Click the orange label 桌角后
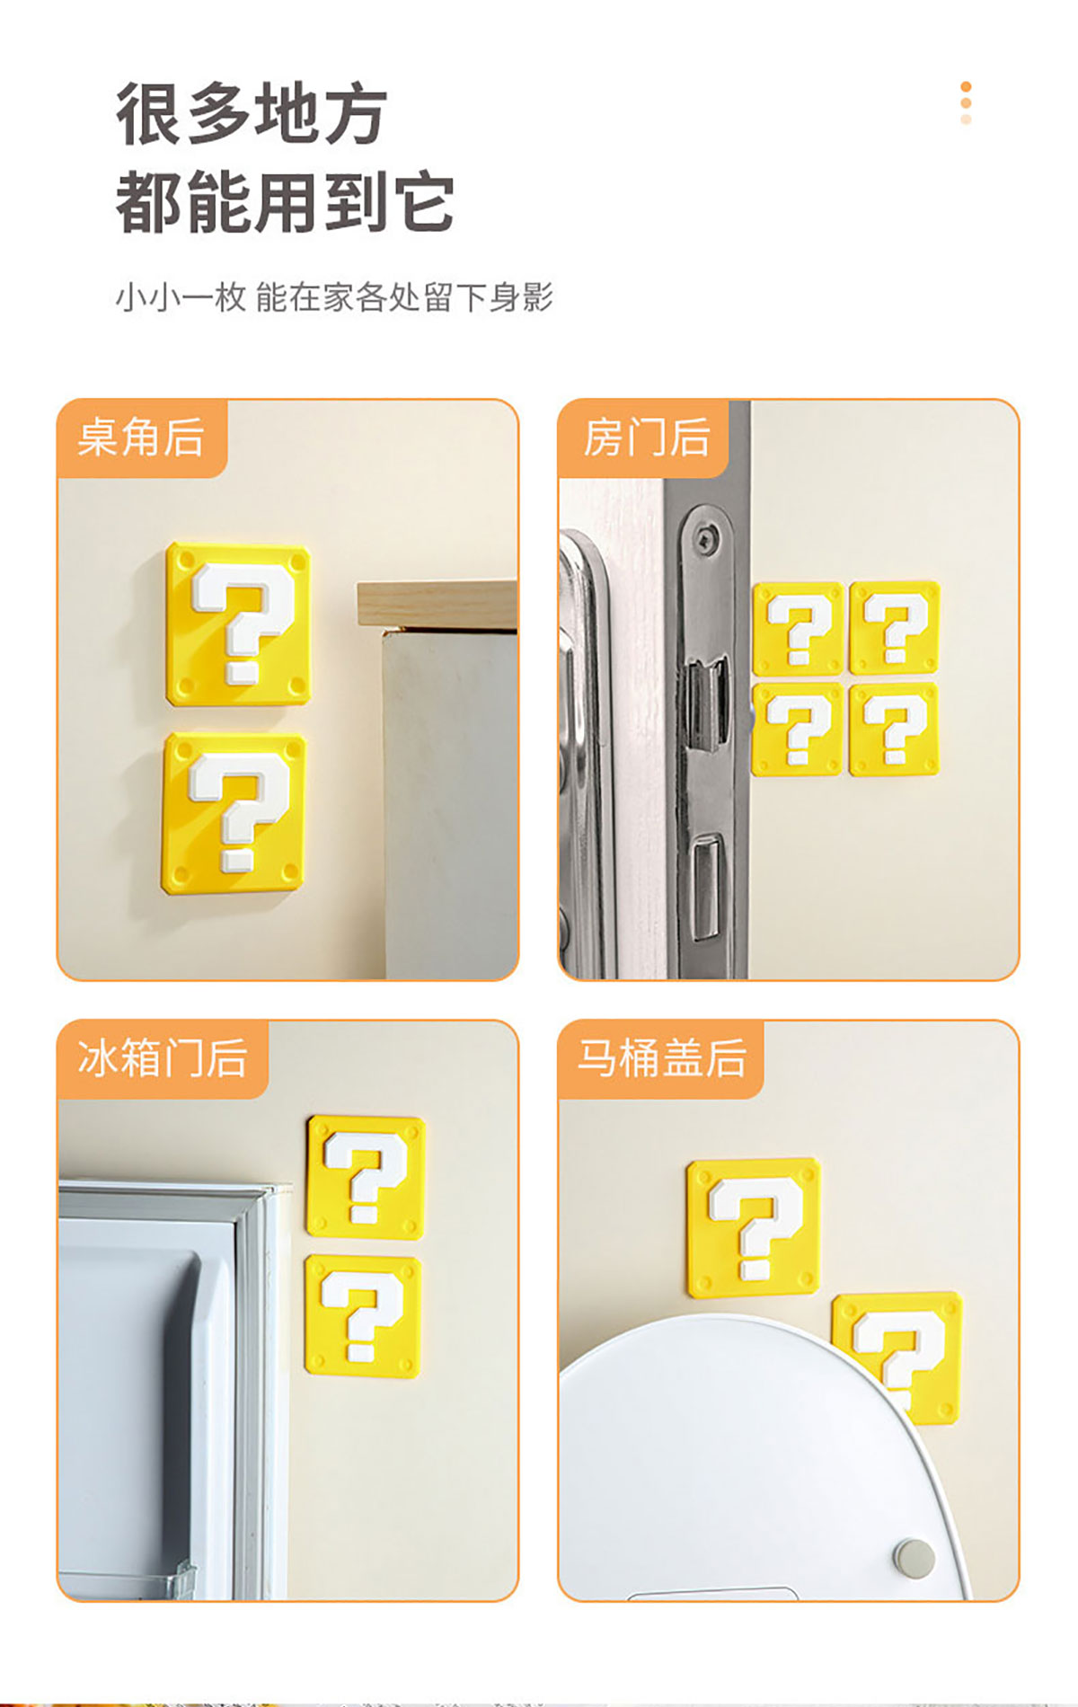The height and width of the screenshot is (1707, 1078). click(x=141, y=438)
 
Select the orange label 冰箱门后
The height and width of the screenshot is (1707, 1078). click(x=163, y=1058)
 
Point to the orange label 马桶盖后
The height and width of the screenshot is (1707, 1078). click(x=661, y=1058)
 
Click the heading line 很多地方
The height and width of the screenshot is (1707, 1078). click(x=252, y=113)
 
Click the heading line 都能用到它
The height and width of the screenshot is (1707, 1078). click(x=285, y=202)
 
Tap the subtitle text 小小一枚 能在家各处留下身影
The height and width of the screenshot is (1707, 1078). click(x=334, y=296)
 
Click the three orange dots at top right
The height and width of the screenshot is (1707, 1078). click(x=966, y=102)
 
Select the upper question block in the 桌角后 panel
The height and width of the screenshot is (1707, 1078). click(x=238, y=624)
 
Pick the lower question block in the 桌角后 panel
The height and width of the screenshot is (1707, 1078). click(x=234, y=813)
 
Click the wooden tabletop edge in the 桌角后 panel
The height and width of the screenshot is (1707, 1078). click(x=437, y=604)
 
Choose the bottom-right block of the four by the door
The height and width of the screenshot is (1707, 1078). click(x=894, y=729)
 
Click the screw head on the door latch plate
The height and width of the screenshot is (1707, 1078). click(x=704, y=539)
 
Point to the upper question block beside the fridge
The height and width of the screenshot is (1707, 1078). click(x=365, y=1177)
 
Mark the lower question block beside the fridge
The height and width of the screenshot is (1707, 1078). click(x=363, y=1316)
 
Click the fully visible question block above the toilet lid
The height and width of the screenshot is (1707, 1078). click(x=754, y=1227)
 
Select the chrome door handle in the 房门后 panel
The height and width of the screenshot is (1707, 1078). click(x=584, y=746)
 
